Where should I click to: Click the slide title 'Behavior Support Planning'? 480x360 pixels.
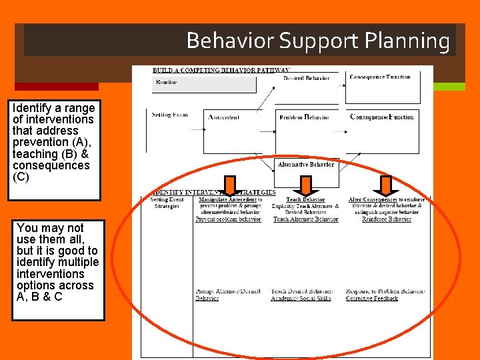[318, 41]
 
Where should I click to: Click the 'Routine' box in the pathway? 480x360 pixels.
[203, 83]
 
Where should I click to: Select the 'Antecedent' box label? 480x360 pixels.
[224, 117]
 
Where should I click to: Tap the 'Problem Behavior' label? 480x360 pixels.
[304, 117]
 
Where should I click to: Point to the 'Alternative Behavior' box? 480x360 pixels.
[306, 164]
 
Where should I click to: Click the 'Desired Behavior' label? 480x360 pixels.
[306, 78]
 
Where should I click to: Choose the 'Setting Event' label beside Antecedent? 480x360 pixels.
[169, 115]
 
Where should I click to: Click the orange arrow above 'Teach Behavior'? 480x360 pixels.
[306, 185]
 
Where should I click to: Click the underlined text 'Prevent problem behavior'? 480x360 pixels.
[228, 219]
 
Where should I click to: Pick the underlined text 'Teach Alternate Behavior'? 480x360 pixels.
[305, 219]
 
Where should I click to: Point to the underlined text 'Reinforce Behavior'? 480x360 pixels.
[387, 219]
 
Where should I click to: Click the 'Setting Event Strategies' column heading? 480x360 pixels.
[167, 203]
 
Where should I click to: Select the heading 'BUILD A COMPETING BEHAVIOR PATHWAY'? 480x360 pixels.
[221, 70]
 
